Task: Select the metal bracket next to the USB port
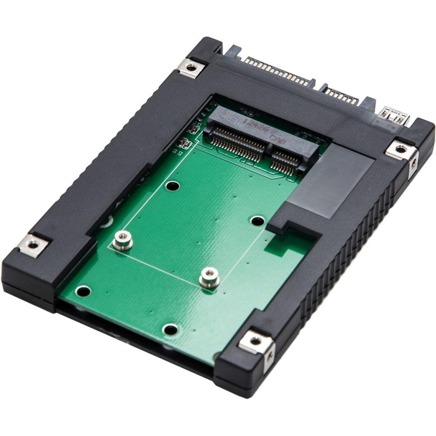coord(402,151)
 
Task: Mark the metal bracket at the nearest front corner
coord(256,343)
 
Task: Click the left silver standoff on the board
coord(122,240)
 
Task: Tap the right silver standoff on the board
coord(209,277)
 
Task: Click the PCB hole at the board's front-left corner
coord(83,291)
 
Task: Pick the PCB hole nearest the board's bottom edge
coord(170,329)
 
